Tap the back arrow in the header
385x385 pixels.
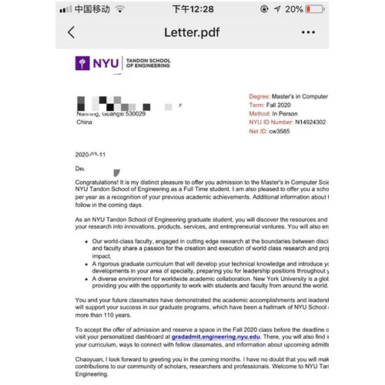(x=72, y=32)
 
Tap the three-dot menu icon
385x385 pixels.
(x=309, y=32)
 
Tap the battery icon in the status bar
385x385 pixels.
(x=317, y=8)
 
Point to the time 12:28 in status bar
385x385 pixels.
(x=192, y=8)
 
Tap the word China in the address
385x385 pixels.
(x=85, y=122)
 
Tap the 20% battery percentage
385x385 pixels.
(x=294, y=8)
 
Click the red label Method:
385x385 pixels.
(x=260, y=113)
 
